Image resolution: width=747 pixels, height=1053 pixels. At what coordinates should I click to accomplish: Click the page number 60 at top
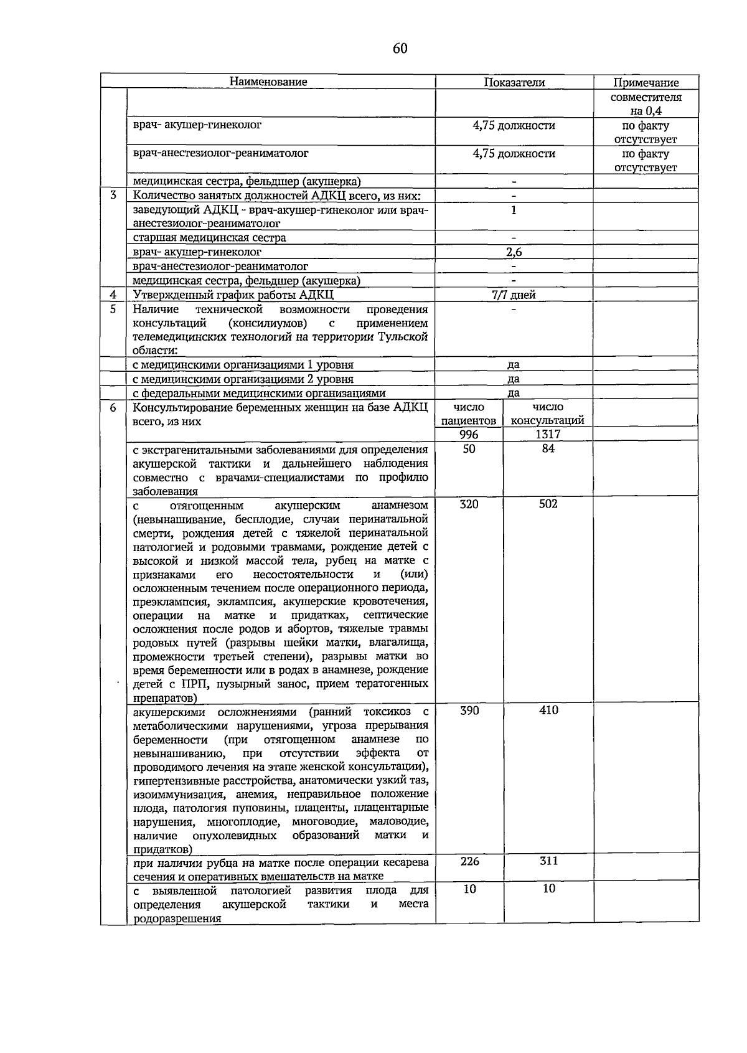[400, 49]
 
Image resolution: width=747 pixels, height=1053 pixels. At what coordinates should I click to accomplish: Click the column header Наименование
[268, 82]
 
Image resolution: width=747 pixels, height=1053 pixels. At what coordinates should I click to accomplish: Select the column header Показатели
[514, 82]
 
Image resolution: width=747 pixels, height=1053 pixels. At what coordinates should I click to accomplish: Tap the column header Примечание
[646, 82]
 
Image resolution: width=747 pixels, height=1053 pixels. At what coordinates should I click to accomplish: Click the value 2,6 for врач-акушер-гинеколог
[514, 252]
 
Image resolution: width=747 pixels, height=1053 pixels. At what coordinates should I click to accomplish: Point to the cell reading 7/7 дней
[514, 295]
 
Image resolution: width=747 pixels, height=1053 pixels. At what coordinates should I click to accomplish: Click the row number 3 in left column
[113, 195]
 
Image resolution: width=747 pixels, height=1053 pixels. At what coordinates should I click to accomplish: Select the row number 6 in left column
[113, 407]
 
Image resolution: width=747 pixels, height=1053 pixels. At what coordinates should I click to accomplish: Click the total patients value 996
[469, 435]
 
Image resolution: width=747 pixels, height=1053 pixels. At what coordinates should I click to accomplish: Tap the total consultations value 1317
[548, 435]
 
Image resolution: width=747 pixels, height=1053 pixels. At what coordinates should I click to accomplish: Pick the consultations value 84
[548, 449]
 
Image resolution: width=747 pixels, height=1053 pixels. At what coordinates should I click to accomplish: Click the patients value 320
[469, 504]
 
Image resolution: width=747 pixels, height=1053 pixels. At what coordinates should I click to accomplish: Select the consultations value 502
[548, 504]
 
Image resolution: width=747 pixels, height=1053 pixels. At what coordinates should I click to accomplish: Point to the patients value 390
[469, 711]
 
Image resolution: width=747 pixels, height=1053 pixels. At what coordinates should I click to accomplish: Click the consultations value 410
[548, 711]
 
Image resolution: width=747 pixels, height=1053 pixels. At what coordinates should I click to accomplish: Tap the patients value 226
[469, 861]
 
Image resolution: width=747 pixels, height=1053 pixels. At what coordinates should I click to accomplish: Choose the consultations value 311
[548, 861]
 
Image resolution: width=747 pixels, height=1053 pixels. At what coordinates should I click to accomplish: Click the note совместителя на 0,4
[646, 104]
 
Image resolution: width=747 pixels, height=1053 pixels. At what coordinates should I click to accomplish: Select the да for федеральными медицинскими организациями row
[514, 393]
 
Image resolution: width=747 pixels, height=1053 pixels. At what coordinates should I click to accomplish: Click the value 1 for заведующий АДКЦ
[514, 210]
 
